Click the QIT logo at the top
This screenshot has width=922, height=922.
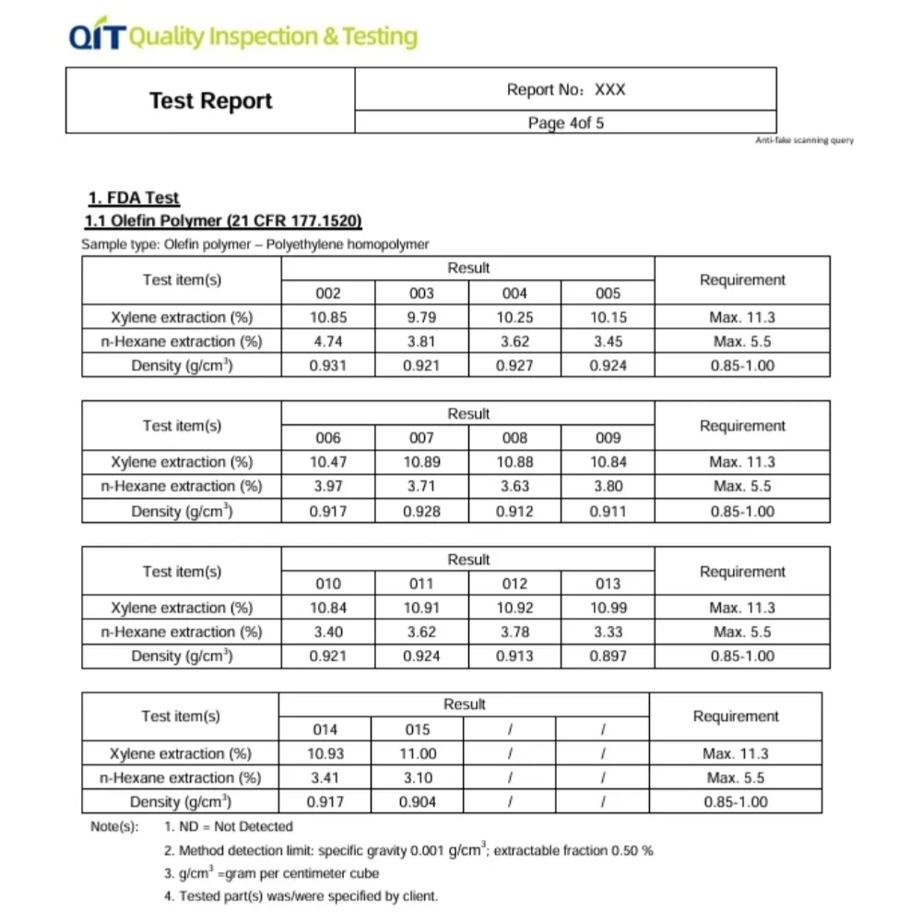pos(96,37)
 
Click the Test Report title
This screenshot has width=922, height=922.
pos(210,100)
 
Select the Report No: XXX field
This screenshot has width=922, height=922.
pos(565,89)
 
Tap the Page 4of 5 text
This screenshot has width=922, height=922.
pos(565,123)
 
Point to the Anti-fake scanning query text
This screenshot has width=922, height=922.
pos(804,140)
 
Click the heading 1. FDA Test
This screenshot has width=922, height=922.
pos(134,198)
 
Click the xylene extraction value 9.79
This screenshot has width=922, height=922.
pos(421,317)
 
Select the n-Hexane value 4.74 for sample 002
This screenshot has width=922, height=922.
pos(327,341)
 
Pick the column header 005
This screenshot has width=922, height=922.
pos(608,293)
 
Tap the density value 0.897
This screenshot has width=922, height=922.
pos(608,656)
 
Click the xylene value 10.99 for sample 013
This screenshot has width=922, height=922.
pos(608,608)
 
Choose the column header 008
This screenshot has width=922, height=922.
pos(514,438)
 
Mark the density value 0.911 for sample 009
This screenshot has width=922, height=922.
pos(608,511)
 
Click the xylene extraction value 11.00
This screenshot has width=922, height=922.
pos(418,753)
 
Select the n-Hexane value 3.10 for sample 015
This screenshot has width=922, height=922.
pos(418,777)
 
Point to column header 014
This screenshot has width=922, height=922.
pos(325,729)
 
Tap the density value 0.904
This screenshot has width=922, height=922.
pos(418,802)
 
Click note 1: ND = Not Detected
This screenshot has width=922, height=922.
pos(228,827)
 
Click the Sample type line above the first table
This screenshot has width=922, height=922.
pos(255,244)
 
